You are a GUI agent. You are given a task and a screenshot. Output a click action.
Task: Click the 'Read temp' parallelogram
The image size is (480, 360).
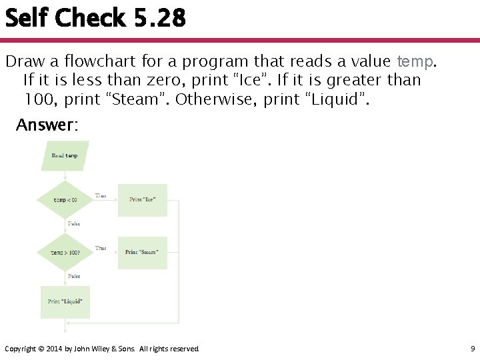point(65,156)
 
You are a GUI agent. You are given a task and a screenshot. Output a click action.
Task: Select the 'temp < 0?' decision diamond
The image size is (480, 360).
point(65,199)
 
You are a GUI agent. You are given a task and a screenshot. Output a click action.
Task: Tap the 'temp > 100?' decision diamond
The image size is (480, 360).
point(65,253)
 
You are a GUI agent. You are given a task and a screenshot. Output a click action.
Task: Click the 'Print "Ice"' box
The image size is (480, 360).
point(143,199)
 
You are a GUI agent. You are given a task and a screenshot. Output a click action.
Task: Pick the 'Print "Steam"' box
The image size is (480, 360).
point(142,252)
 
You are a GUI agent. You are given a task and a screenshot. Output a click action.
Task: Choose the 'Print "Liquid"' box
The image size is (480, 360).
point(65,301)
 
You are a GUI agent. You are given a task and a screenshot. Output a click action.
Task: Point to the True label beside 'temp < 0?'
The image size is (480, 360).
point(101,195)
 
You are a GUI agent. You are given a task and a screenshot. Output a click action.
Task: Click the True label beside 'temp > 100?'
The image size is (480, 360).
point(101,248)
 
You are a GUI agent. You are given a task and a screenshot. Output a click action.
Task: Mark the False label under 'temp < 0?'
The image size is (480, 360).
point(74,223)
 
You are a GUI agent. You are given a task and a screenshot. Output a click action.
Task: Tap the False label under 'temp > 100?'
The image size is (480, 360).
point(74,276)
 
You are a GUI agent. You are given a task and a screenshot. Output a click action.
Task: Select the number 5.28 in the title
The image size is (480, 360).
point(159,18)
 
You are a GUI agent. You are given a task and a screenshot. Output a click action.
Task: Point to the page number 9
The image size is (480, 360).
point(472,349)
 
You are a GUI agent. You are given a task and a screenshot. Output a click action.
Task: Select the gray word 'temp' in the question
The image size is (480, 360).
point(415,61)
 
